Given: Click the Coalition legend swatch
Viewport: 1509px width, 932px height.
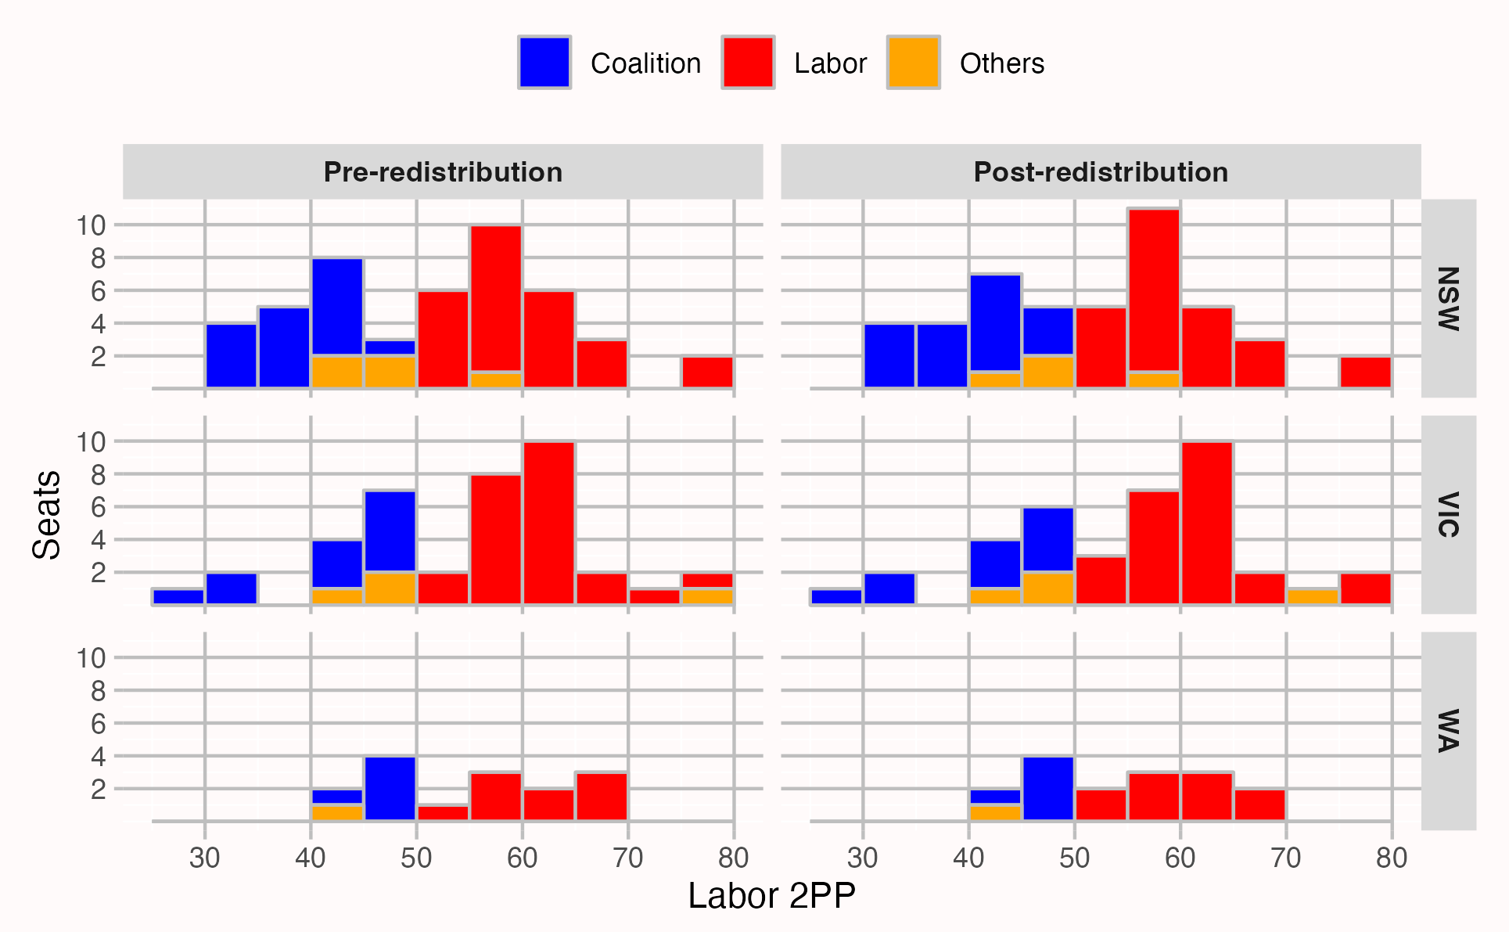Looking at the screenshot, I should [x=544, y=63].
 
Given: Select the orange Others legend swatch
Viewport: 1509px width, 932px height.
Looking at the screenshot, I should [x=913, y=63].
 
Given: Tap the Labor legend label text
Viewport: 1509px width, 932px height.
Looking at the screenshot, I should [x=829, y=63].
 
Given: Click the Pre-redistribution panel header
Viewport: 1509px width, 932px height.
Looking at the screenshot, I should [x=443, y=171].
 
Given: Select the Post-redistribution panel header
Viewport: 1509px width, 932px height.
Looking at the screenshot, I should [x=1101, y=171].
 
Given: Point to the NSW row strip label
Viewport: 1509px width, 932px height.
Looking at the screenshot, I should [x=1448, y=298].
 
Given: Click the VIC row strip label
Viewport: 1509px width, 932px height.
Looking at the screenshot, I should [x=1448, y=514].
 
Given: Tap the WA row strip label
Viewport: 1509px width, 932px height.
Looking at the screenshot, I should [x=1448, y=730].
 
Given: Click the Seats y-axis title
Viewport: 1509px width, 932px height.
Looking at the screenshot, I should [x=47, y=514].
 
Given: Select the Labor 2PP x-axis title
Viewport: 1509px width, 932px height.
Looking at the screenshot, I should [x=771, y=896].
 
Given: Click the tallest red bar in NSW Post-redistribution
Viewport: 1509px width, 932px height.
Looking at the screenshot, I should [x=1154, y=290].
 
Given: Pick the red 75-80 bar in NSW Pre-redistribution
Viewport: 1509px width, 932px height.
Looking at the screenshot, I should [x=707, y=372].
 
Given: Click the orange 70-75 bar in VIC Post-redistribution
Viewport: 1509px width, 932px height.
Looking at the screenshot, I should [x=1313, y=596].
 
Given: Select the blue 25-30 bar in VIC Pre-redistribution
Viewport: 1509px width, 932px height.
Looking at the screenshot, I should [x=178, y=596].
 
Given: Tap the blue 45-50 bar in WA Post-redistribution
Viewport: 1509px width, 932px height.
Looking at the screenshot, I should [x=1048, y=788].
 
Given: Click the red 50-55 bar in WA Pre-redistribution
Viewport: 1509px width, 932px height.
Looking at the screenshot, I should [x=443, y=812].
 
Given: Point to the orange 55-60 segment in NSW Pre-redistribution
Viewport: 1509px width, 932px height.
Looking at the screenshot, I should [x=496, y=380].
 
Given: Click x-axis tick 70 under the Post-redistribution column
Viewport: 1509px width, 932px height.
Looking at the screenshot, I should [x=1286, y=858].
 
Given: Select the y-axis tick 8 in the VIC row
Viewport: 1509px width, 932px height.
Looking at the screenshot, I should [x=97, y=474].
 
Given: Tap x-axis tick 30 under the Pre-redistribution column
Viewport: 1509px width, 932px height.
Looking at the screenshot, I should [x=205, y=858].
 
